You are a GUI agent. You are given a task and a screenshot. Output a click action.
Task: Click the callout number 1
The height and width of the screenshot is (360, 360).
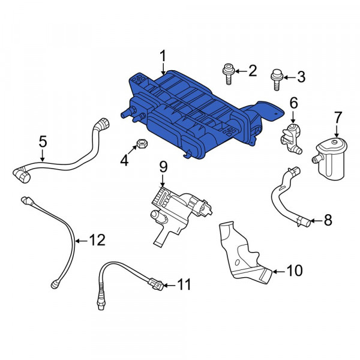[163, 57]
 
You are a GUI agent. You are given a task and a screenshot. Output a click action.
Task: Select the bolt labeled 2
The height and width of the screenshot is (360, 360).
[227, 74]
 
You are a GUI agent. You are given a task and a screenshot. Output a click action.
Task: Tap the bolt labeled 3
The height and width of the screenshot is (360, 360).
[277, 78]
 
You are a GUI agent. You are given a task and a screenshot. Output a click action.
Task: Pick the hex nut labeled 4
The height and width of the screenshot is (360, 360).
[142, 144]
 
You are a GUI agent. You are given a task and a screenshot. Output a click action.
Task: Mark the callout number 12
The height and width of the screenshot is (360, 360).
[96, 241]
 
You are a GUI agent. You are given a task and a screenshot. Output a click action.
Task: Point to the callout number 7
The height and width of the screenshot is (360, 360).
[337, 116]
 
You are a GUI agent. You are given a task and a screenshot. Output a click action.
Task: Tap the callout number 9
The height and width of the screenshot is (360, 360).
[162, 166]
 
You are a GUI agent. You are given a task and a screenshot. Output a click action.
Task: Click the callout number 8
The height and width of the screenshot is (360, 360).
[327, 220]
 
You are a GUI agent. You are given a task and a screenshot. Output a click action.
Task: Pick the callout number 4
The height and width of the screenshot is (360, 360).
[124, 160]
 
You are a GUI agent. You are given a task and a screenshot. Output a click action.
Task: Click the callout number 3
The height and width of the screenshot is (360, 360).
[301, 77]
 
